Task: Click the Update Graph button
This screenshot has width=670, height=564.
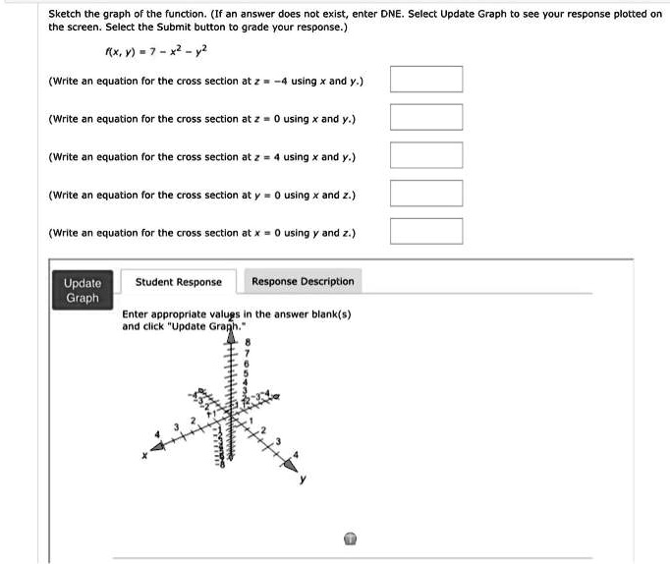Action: coord(82,290)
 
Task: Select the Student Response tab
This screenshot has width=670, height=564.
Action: coord(178,282)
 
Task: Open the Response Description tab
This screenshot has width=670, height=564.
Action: coord(303,281)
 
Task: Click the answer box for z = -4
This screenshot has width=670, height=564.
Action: coord(426,80)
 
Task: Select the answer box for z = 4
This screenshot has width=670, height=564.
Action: coord(426,156)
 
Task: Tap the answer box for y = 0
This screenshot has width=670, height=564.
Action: coord(426,194)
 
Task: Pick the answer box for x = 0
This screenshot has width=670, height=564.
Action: coord(426,232)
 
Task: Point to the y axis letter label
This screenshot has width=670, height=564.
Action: coord(304,480)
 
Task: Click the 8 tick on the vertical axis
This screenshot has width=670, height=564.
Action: coord(248,343)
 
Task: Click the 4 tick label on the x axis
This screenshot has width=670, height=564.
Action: coord(154,433)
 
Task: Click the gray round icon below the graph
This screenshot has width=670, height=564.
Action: coord(350,538)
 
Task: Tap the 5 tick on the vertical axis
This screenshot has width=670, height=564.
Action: coord(247,372)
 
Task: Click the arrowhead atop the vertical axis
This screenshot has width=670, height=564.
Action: coord(232,337)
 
